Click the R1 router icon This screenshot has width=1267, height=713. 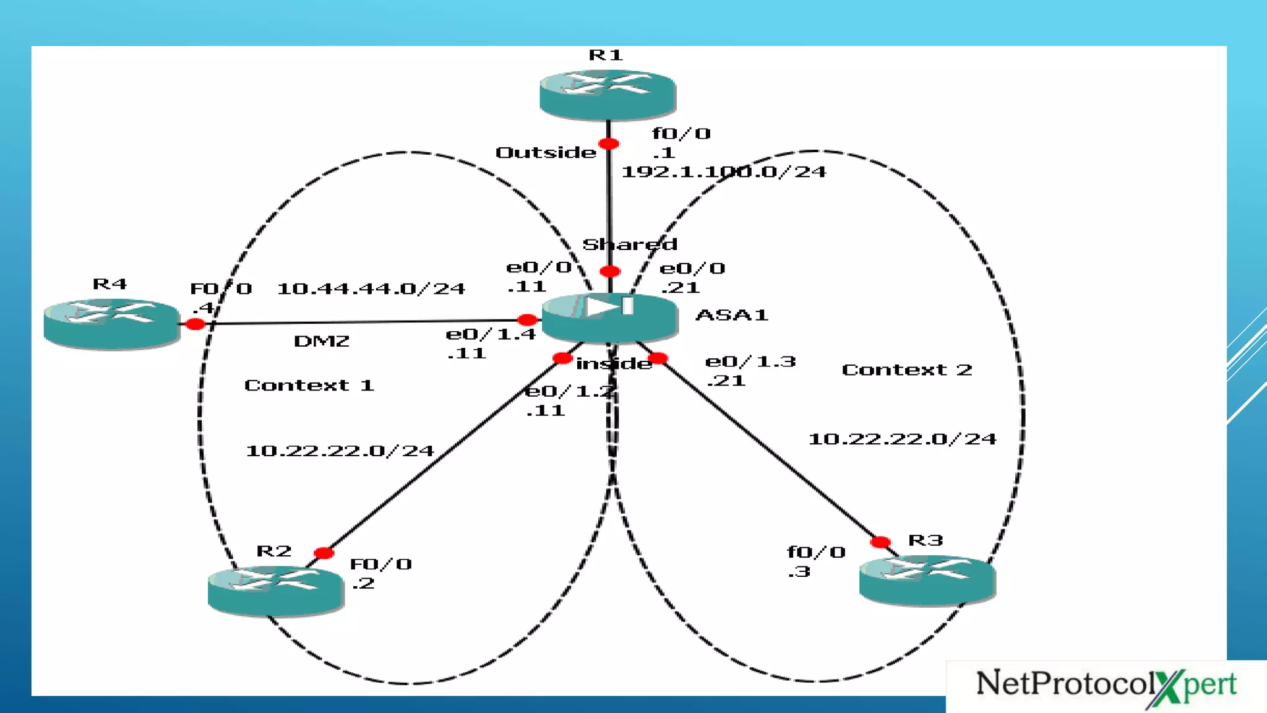click(608, 93)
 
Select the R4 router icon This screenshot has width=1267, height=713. click(111, 323)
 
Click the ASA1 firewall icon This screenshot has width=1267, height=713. click(610, 317)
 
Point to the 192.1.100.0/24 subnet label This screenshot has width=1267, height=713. click(723, 172)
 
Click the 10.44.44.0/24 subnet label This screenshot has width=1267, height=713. click(371, 289)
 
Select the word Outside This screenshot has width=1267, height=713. click(546, 153)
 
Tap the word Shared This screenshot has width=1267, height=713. click(630, 244)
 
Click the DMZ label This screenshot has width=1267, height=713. click(322, 341)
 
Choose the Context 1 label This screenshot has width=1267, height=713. click(309, 386)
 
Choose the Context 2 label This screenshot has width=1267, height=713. click(906, 370)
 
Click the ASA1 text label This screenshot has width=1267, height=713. click(732, 315)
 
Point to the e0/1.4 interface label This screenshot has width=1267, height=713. click(491, 335)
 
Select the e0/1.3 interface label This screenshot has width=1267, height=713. click(750, 361)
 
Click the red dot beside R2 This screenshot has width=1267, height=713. click(324, 553)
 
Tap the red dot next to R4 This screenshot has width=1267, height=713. click(195, 324)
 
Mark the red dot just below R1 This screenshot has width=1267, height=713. click(609, 144)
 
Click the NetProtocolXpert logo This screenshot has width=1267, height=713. click(1106, 686)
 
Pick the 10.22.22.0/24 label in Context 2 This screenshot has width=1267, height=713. click(902, 439)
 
